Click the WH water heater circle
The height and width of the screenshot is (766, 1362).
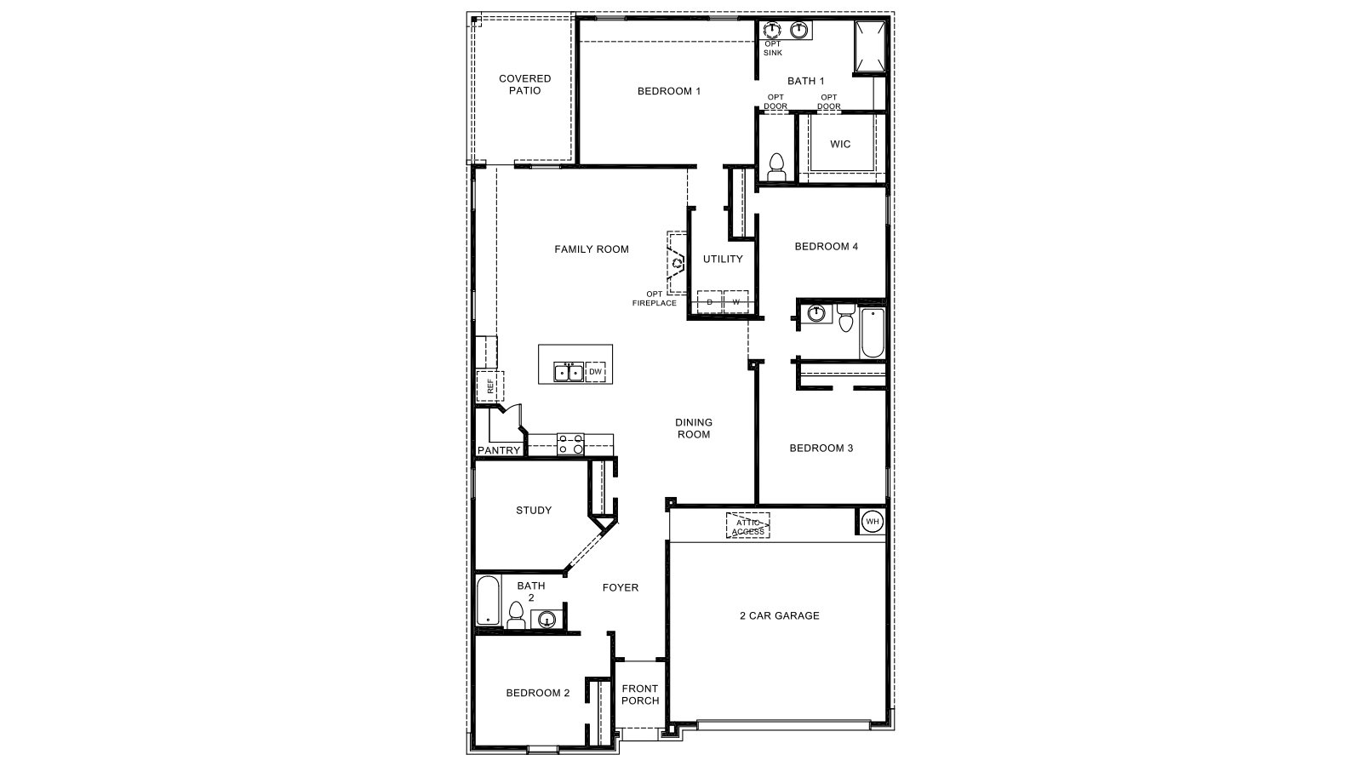[x=872, y=521]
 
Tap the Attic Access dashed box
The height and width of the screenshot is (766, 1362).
[x=747, y=526]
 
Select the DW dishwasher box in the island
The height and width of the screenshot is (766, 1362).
[x=596, y=372]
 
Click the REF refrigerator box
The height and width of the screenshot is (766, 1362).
[x=490, y=386]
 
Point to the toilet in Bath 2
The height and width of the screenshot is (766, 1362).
[x=516, y=615]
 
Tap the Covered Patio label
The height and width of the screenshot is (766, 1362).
[x=524, y=84]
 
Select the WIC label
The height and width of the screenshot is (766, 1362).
[x=840, y=144]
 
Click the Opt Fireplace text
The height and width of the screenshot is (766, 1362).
[x=655, y=299]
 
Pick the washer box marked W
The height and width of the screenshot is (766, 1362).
[x=735, y=302]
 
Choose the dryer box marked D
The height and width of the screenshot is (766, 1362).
[x=709, y=302]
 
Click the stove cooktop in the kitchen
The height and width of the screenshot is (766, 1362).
[x=570, y=443]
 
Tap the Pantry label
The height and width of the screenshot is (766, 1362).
[x=499, y=450]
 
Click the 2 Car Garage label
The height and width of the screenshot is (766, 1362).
[x=779, y=615]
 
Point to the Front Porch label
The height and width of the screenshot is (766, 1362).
[x=639, y=695]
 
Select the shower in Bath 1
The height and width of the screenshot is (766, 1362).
[x=869, y=47]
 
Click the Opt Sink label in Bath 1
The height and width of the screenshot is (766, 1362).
[x=772, y=49]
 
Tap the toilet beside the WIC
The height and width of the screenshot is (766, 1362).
[x=776, y=166]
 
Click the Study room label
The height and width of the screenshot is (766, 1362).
[x=534, y=511]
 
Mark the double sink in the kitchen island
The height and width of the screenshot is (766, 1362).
[x=568, y=372]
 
